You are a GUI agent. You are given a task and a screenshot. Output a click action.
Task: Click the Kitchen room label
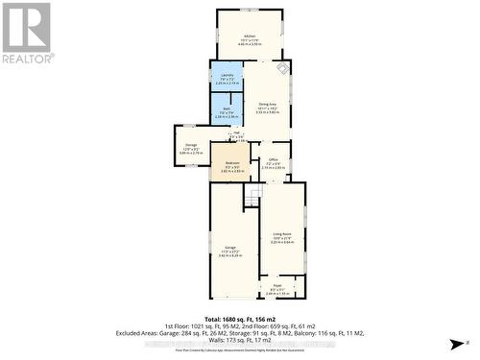coord(250,36)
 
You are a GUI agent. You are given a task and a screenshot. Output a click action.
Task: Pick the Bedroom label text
coord(231,163)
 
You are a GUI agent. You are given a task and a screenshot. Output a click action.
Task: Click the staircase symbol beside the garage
coord(252,197)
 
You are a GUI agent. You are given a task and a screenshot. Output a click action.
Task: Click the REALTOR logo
coord(27,34)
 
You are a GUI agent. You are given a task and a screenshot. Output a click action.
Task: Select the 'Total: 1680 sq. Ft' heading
coord(240,318)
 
